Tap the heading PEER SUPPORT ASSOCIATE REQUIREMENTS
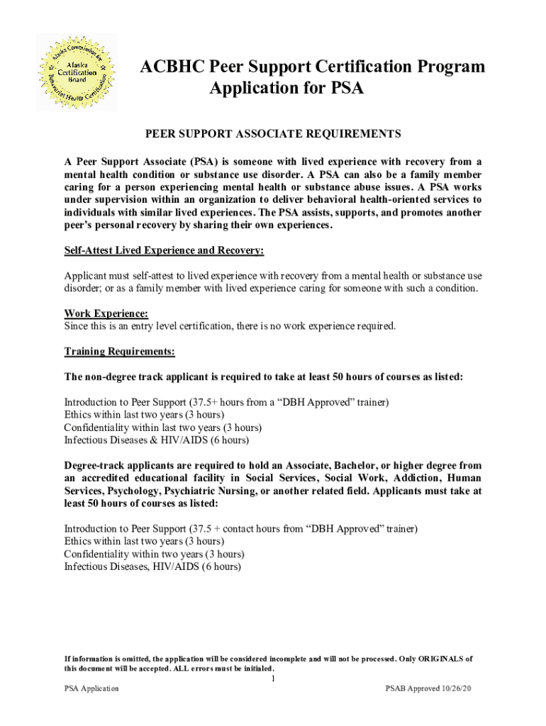point(273,133)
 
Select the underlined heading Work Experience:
point(106,313)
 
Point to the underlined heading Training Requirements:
point(119,352)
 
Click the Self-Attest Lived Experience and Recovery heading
point(164,250)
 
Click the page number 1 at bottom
point(273,678)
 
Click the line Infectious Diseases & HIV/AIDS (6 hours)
point(156,440)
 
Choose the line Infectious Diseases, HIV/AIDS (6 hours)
point(152,566)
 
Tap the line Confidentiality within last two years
point(162,428)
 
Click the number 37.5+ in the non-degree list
point(203,402)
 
